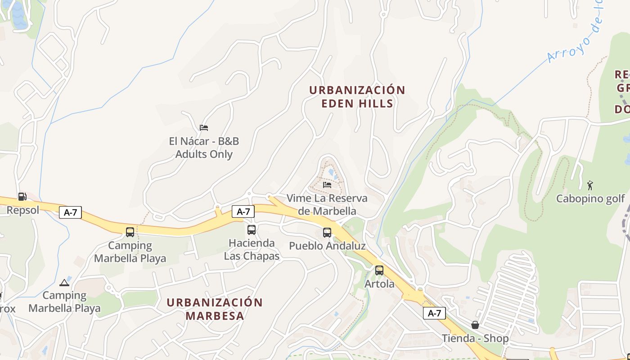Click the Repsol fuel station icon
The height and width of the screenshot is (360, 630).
(22, 197)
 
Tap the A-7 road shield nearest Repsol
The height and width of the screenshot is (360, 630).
(70, 212)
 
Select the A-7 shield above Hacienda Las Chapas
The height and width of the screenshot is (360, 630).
(243, 211)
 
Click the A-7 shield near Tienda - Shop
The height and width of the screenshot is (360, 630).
(434, 313)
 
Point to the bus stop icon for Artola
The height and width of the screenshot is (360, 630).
(379, 270)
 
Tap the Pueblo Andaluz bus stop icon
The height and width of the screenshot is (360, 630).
(327, 233)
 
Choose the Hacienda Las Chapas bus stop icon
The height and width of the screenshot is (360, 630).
(252, 230)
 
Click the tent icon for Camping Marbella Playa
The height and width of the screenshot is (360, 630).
(64, 283)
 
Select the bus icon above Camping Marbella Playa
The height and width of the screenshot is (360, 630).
(130, 232)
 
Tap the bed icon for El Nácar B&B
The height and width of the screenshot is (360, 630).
(204, 128)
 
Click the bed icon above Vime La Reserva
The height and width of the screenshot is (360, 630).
(327, 184)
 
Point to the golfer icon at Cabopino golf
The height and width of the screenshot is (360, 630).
(590, 185)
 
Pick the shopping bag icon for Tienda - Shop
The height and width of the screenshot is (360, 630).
(475, 325)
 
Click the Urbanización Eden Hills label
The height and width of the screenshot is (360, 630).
(357, 97)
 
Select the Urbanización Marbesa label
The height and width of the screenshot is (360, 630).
(215, 309)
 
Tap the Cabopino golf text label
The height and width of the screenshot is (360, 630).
(590, 198)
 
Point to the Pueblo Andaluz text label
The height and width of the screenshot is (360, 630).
(327, 246)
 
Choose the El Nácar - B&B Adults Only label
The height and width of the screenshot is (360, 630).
(204, 148)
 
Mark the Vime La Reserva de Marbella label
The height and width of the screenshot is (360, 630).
(327, 204)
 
